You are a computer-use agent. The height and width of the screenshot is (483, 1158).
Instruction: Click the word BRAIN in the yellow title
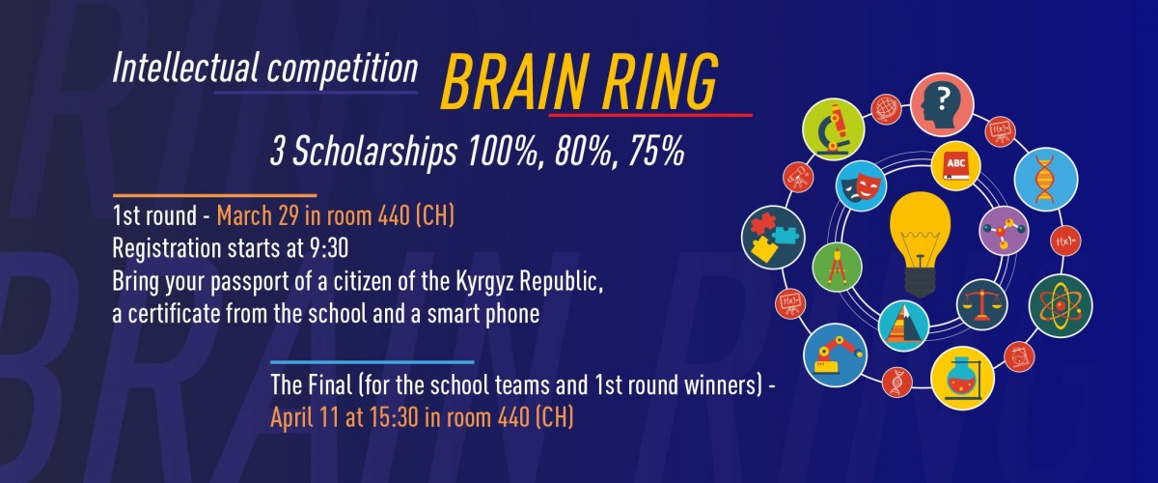(513, 82)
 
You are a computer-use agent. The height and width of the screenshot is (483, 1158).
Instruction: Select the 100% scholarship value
(503, 151)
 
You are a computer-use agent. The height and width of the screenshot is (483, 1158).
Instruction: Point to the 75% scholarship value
(656, 151)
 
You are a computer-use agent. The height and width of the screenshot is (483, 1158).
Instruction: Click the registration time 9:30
(329, 248)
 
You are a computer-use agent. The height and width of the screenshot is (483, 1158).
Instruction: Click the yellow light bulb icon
(921, 243)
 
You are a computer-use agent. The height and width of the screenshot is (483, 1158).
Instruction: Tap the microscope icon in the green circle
(834, 128)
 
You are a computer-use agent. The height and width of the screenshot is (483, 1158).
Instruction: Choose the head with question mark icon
(942, 104)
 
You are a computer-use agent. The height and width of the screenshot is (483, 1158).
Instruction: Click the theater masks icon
(861, 185)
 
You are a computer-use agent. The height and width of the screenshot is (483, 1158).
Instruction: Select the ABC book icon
(956, 165)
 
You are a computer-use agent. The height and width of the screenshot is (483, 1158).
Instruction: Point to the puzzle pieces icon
(773, 237)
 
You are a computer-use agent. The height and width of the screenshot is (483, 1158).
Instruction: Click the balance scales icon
(981, 304)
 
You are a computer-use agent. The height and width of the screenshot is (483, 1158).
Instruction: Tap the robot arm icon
(835, 355)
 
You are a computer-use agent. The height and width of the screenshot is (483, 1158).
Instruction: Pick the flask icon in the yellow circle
(962, 378)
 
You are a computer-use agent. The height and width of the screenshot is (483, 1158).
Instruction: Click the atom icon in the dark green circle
(1061, 305)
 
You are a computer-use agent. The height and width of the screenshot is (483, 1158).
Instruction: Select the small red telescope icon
(798, 178)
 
